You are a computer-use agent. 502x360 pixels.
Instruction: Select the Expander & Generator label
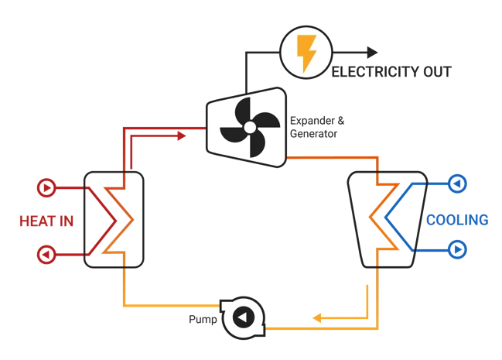(x=310, y=128)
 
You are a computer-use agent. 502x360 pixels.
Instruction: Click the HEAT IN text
(x=46, y=221)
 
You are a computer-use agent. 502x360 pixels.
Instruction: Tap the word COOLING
(x=457, y=221)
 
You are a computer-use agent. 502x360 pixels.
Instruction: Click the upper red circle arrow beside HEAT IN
(x=46, y=187)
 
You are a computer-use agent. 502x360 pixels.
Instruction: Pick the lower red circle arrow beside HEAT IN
(x=46, y=254)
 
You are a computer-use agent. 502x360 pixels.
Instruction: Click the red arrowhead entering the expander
(x=180, y=136)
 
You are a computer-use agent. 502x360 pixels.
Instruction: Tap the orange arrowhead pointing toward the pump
(x=317, y=317)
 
